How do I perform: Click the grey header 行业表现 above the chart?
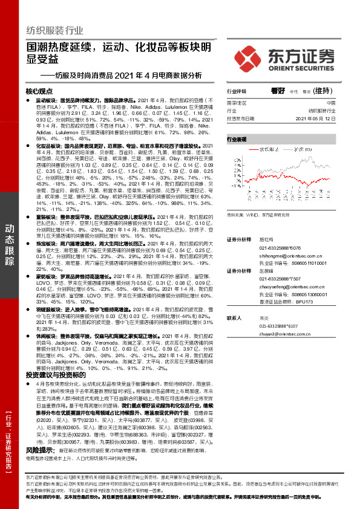pyautogui.click(x=237, y=139)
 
